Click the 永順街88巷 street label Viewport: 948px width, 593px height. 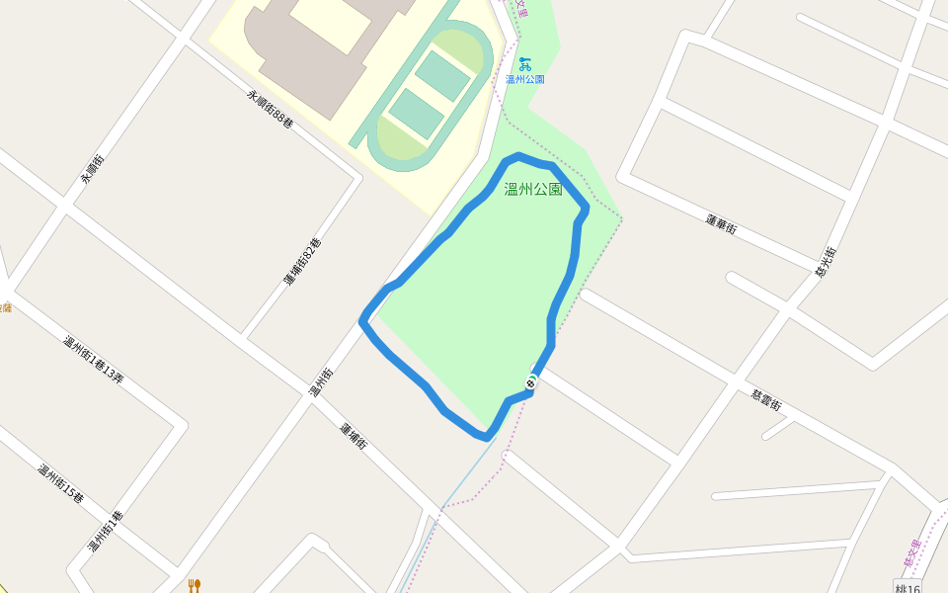[270, 109]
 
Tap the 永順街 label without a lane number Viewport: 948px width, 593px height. [93, 170]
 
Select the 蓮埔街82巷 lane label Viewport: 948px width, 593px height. [303, 262]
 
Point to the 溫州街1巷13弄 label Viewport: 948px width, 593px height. [94, 360]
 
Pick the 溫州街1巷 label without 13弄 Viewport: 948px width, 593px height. [105, 532]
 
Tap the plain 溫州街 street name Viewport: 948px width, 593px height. [322, 382]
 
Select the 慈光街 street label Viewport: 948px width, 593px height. [827, 261]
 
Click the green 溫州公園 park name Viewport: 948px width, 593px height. [533, 189]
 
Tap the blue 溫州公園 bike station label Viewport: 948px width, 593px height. [524, 79]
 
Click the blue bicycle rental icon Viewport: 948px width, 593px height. [524, 64]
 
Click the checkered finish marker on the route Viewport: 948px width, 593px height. [531, 382]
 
